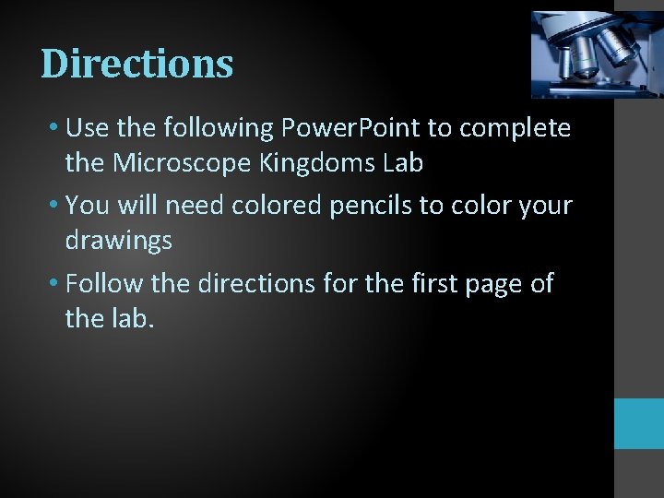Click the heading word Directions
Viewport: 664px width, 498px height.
click(x=136, y=64)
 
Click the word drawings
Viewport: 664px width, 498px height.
click(x=118, y=241)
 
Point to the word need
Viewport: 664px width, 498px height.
click(x=193, y=205)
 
